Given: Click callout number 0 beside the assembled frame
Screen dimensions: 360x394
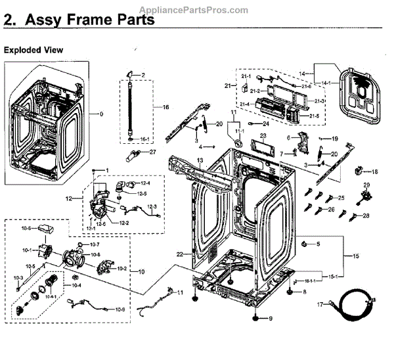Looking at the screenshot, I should pyautogui.click(x=100, y=114).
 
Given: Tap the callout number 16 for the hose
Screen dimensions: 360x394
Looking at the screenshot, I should pyautogui.click(x=166, y=106).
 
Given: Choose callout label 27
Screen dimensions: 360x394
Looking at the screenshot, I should pyautogui.click(x=153, y=152).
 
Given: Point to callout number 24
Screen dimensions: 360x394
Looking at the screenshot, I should pyautogui.click(x=267, y=124).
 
